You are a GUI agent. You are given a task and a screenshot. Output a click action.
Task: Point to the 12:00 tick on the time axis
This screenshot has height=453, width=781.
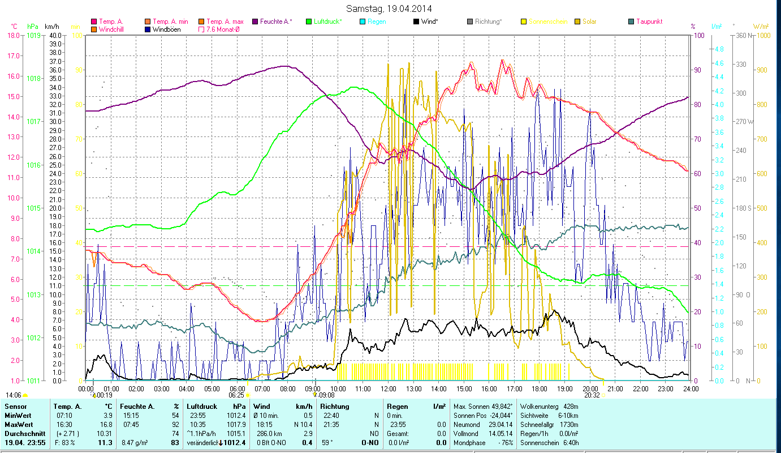point(389,388)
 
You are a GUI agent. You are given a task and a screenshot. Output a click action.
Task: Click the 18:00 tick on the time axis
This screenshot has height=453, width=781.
point(540,388)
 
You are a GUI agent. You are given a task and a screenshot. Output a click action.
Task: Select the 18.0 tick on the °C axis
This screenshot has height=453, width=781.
point(13,35)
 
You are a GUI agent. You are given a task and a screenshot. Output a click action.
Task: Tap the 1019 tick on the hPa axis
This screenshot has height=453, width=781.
point(33,35)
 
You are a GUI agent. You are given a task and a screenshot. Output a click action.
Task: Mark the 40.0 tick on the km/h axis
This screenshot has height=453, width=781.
point(55,35)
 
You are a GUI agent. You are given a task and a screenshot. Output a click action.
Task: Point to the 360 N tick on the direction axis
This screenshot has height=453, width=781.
point(742,35)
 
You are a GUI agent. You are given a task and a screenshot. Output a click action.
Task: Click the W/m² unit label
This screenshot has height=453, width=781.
point(761,27)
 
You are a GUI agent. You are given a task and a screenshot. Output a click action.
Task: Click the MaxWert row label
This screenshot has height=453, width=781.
point(19,424)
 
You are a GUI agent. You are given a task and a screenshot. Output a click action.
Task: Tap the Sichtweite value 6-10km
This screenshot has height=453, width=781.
point(566,415)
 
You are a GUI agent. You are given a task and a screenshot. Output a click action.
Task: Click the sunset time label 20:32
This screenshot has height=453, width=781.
point(592,395)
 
